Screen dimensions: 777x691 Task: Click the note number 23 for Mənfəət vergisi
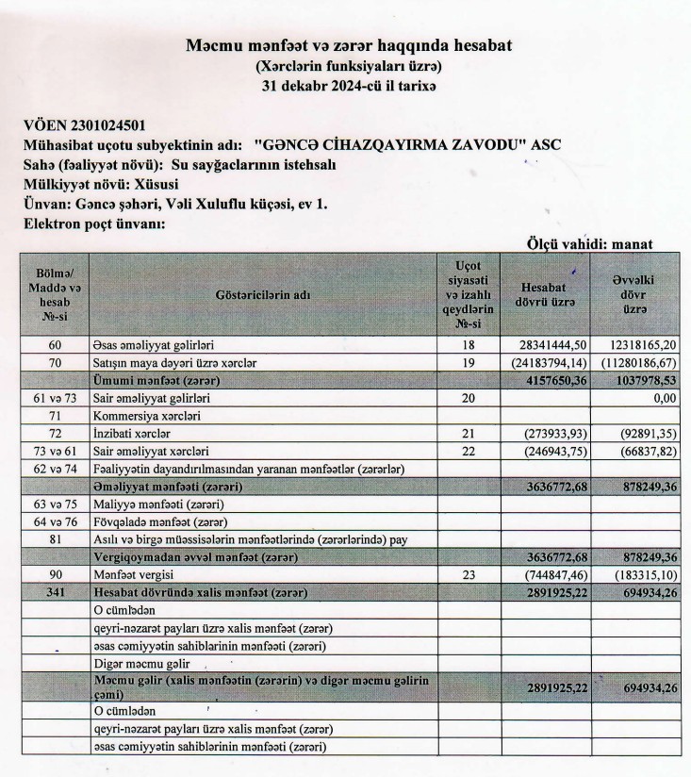[x=470, y=574]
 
